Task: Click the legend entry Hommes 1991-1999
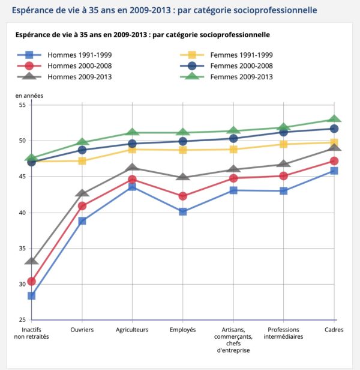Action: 64,55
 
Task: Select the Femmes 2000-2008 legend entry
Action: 226,66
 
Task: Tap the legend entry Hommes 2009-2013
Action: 64,77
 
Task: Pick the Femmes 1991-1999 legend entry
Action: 226,55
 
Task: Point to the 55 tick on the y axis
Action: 22,105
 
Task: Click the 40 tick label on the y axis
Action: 22,213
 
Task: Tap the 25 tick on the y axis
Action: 22,320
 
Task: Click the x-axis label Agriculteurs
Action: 132,330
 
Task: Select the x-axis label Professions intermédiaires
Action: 283,333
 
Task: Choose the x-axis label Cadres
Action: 334,330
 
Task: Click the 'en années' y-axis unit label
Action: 29,96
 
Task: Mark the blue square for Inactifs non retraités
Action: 32,296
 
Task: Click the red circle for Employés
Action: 183,196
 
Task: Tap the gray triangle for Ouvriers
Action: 82,193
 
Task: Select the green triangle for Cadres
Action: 334,119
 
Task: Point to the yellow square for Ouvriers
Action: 82,161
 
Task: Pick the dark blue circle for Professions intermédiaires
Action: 283,132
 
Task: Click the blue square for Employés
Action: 183,211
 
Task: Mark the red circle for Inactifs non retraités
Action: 32,281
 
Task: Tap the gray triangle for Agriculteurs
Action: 132,168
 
